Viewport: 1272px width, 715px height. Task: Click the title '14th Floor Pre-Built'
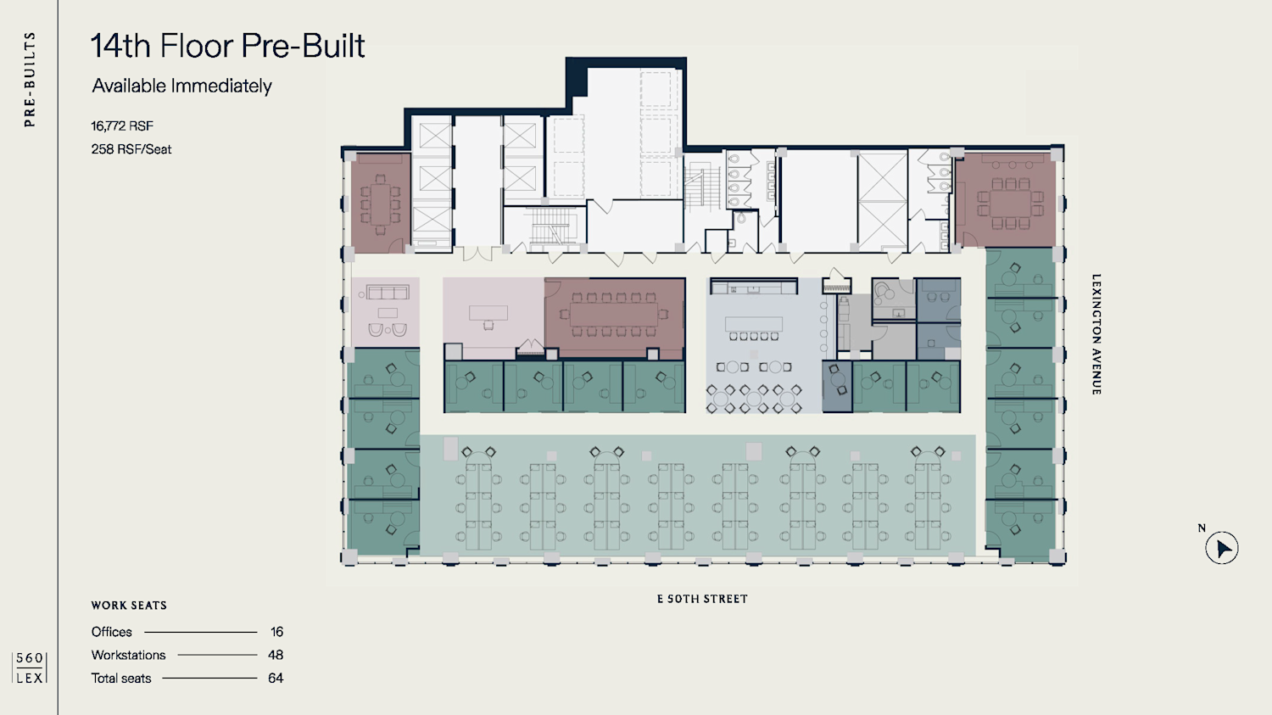[x=228, y=46]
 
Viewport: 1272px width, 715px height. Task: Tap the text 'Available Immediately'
[x=181, y=86]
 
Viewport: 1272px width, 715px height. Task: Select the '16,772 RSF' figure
[x=122, y=126]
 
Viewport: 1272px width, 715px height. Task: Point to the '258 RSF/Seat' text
[x=131, y=149]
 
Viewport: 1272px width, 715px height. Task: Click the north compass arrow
[x=1224, y=549]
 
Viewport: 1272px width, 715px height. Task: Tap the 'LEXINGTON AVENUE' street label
[x=1096, y=334]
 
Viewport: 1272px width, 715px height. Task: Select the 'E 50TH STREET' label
[x=702, y=599]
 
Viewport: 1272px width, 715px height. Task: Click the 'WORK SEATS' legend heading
[x=129, y=606]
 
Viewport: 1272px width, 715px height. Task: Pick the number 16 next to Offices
[x=276, y=632]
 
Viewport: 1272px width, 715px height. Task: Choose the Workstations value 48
[x=276, y=655]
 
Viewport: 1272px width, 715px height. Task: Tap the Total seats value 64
[x=276, y=678]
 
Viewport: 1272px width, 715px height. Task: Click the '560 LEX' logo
[x=30, y=668]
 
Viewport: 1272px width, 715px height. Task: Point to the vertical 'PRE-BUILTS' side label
[x=30, y=79]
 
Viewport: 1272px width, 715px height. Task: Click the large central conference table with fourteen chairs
[x=614, y=314]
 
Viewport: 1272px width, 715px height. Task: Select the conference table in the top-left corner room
[x=380, y=204]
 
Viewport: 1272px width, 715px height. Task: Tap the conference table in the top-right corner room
[x=1010, y=204]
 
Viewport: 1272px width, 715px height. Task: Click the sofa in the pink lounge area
[x=388, y=293]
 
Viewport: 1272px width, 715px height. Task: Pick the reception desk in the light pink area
[x=488, y=312]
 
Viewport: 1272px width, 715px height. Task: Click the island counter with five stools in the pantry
[x=754, y=324]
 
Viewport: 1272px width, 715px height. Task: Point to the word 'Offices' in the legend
[x=111, y=632]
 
